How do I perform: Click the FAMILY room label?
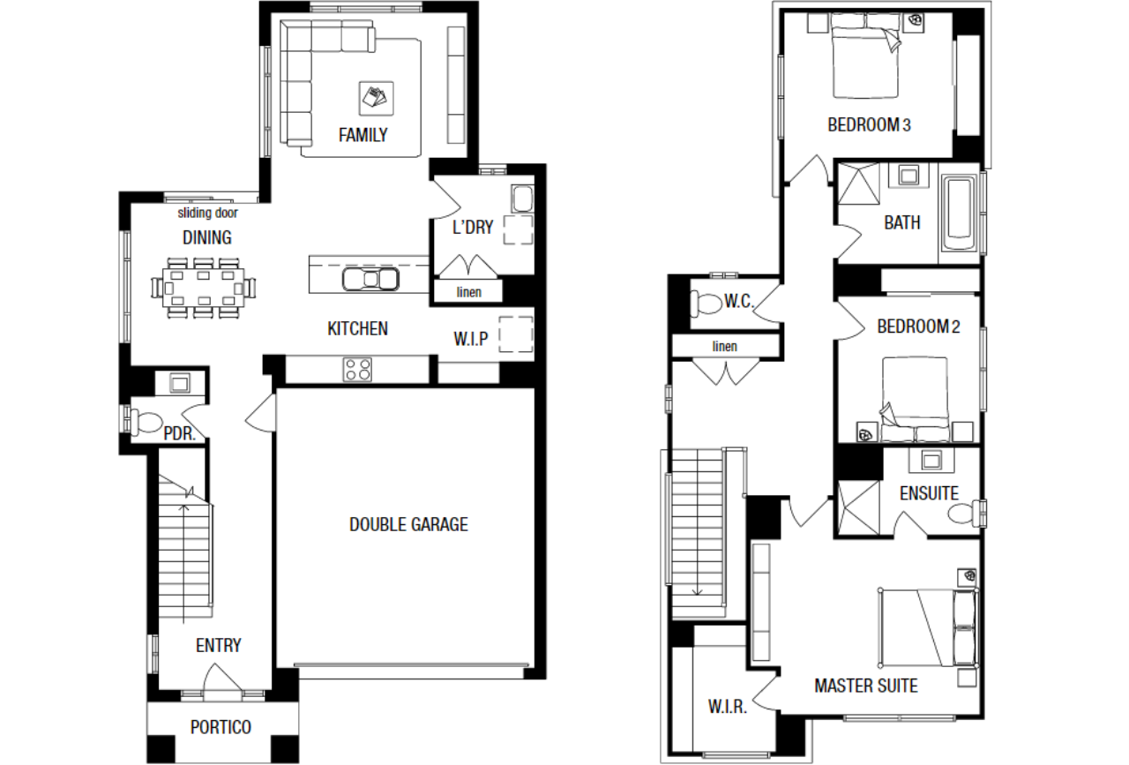[x=363, y=135]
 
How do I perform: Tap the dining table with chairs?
[x=203, y=289]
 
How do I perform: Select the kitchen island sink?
[x=370, y=279]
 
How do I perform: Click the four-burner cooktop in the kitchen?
[x=357, y=370]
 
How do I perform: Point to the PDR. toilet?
[x=146, y=422]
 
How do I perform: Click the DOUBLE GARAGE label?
[x=408, y=524]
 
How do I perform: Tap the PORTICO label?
[x=221, y=727]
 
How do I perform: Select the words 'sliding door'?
[x=207, y=213]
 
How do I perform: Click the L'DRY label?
[x=473, y=228]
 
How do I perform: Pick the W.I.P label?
[x=471, y=339]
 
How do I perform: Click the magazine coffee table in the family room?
[x=376, y=98]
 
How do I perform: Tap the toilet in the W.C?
[x=706, y=303]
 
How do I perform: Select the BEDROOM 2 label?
[x=918, y=326]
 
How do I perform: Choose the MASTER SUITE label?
[x=866, y=686]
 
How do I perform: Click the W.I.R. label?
[x=728, y=707]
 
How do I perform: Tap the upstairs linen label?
[x=724, y=347]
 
